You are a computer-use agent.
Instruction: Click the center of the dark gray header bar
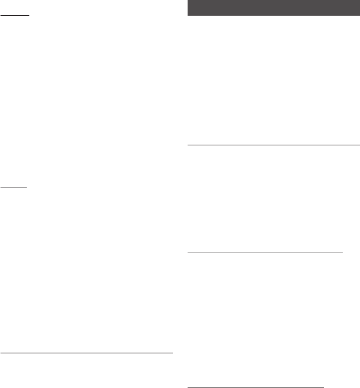pos(273,8)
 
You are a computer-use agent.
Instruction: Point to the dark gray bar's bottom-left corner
pos(187,16)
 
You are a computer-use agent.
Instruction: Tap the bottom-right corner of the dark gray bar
pos(359,16)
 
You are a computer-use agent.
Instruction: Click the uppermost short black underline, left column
pos(15,16)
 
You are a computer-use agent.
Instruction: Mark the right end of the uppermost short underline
pos(29,16)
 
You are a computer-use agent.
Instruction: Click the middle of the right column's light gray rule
pos(273,145)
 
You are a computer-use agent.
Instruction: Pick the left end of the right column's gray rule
pos(187,145)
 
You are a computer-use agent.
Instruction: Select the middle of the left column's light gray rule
pos(86,354)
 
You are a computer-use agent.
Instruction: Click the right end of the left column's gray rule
pos(172,354)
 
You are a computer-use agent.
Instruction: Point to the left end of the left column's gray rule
pos(1,354)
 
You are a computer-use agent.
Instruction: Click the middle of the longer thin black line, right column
pos(265,251)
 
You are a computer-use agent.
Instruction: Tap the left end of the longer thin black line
pos(187,251)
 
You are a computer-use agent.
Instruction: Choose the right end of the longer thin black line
pos(342,251)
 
